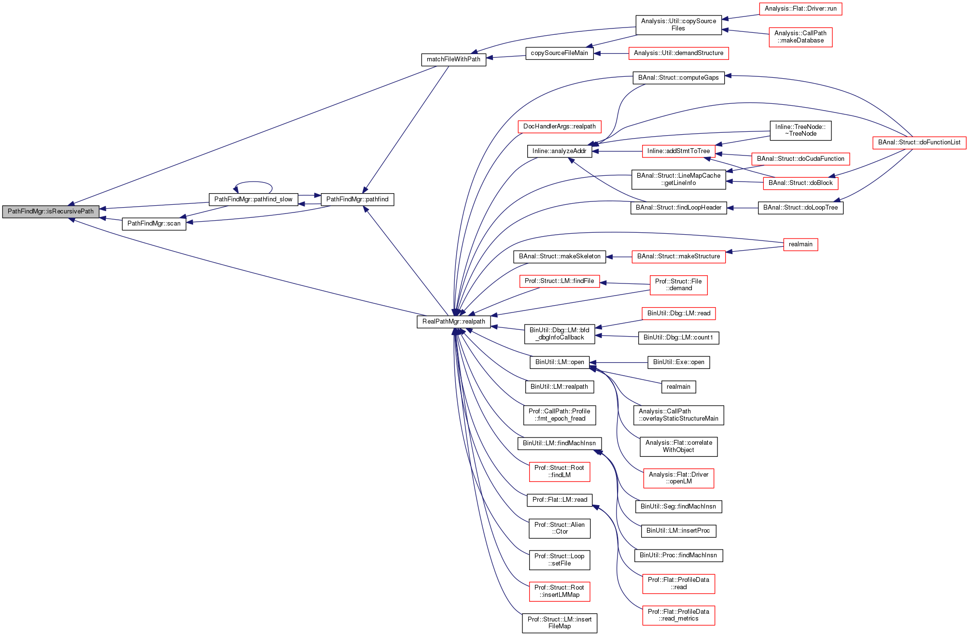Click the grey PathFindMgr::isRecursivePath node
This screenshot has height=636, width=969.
coord(51,212)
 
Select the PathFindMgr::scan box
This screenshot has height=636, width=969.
coord(154,224)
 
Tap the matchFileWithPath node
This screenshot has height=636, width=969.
coord(453,59)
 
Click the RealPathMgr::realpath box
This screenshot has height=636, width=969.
coord(453,322)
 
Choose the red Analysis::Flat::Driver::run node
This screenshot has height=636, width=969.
coord(800,9)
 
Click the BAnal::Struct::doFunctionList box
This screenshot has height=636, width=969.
coord(919,142)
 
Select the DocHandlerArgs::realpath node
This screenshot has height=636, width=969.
coord(559,127)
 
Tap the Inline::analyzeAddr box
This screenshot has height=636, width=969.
coord(559,151)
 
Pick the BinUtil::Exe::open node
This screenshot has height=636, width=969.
coord(678,362)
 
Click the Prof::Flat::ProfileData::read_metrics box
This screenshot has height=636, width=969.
coord(678,615)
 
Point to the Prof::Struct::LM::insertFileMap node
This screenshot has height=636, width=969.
coord(559,623)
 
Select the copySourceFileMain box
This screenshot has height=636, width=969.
coord(559,53)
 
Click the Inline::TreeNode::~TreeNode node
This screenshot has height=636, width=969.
coord(800,130)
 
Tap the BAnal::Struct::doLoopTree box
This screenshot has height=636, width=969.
coord(800,208)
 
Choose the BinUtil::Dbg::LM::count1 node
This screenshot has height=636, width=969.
coord(678,338)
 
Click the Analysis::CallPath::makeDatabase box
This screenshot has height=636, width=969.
coord(800,37)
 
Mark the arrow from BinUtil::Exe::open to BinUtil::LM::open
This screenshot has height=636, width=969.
coord(618,362)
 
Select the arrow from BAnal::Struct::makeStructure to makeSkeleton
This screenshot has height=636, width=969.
coord(618,256)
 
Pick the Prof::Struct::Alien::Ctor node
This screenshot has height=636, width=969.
coord(559,528)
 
